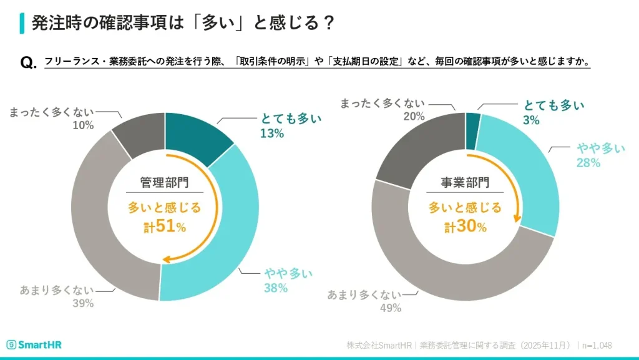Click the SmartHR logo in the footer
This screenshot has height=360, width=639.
pyautogui.click(x=34, y=345)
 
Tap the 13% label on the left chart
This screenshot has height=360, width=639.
pyautogui.click(x=272, y=134)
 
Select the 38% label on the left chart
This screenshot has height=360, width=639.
pyautogui.click(x=275, y=288)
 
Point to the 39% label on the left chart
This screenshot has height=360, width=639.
pyautogui.click(x=82, y=303)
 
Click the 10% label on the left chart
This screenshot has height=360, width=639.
pyautogui.click(x=82, y=125)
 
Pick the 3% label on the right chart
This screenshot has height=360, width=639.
pyautogui.click(x=531, y=120)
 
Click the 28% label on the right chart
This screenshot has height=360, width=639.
pyautogui.click(x=588, y=163)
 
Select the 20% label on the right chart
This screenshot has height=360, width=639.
pyautogui.click(x=414, y=116)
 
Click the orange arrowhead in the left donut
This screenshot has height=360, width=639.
pyautogui.click(x=166, y=260)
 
